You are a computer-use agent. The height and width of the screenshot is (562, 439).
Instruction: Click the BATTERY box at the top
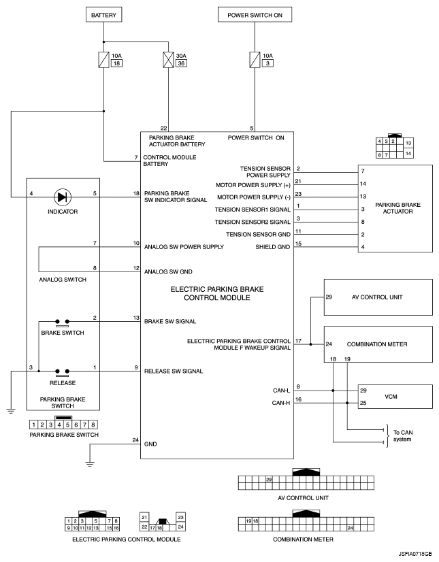pyautogui.click(x=103, y=15)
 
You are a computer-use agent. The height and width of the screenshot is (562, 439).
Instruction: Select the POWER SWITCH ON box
pyautogui.click(x=255, y=15)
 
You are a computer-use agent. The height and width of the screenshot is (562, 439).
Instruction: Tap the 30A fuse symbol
pyautogui.click(x=168, y=60)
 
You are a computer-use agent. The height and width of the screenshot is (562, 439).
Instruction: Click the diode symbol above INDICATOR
pyautogui.click(x=63, y=197)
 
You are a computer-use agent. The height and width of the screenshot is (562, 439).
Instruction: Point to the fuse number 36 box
pyautogui.click(x=181, y=63)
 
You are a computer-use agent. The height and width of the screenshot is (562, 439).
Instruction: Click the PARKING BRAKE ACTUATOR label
pyautogui.click(x=397, y=208)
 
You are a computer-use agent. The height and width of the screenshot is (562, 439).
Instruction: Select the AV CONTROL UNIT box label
pyautogui.click(x=377, y=297)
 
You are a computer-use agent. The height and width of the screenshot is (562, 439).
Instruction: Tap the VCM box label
pyautogui.click(x=391, y=397)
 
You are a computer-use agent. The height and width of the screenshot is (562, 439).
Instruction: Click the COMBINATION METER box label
pyautogui.click(x=377, y=344)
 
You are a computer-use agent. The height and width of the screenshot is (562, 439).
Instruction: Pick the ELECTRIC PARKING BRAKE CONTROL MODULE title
pyautogui.click(x=217, y=293)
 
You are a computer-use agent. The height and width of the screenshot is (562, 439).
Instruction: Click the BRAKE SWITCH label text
pyautogui.click(x=63, y=333)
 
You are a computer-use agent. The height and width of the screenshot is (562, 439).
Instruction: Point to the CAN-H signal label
pyautogui.click(x=281, y=403)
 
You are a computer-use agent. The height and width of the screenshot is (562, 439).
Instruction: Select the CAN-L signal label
pyautogui.click(x=281, y=391)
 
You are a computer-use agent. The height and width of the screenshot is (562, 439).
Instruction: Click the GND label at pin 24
pyautogui.click(x=150, y=444)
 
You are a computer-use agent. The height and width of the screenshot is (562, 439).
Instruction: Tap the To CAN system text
pyautogui.click(x=403, y=436)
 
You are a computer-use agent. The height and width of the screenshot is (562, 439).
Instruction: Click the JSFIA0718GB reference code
pyautogui.click(x=415, y=554)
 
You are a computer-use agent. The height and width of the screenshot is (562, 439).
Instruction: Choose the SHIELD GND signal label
pyautogui.click(x=272, y=247)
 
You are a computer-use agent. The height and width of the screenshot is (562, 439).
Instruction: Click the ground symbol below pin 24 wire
pyautogui.click(x=90, y=464)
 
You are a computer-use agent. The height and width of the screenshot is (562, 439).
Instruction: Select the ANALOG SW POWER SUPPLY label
pyautogui.click(x=184, y=247)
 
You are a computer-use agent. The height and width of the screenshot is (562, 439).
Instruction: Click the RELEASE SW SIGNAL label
pyautogui.click(x=174, y=371)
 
